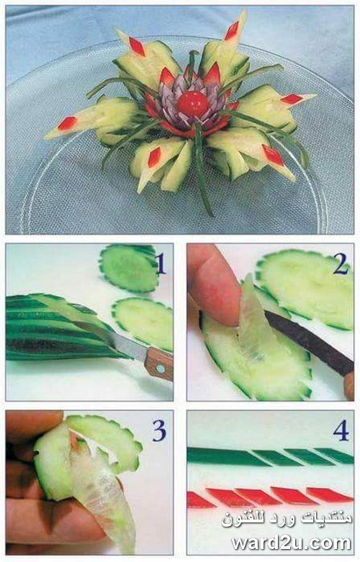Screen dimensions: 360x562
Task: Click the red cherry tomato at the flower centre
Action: [192, 104]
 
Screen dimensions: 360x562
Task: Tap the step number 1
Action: [161, 263]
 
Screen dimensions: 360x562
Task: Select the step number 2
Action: [341, 263]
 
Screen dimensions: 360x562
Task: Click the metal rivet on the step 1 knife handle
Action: [161, 368]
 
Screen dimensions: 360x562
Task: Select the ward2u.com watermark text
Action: [291, 543]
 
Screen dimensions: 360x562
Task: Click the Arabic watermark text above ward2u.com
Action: [287, 519]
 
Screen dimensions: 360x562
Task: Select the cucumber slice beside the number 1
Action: [129, 267]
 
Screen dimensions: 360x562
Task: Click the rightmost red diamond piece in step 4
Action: [330, 494]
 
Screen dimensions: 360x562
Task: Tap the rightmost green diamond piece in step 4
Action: [334, 456]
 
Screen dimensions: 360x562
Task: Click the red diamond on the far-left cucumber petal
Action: [67, 124]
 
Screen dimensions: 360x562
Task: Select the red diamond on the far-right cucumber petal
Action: [292, 99]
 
